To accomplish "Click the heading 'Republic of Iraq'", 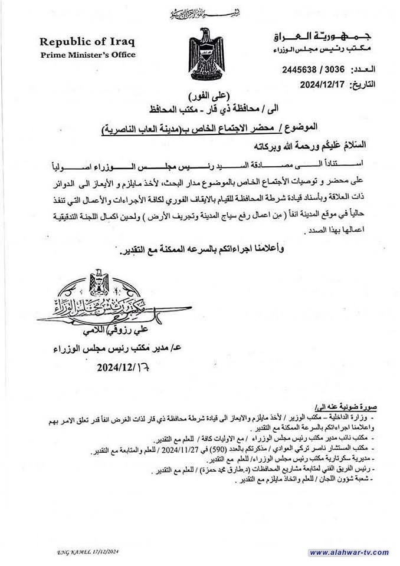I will (x=87, y=42).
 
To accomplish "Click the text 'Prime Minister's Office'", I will (x=87, y=55).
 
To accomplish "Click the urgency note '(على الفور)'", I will (x=208, y=95).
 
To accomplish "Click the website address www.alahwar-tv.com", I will (x=349, y=552).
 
